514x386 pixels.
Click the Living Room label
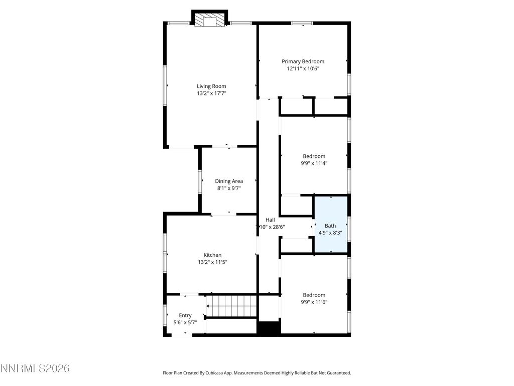pyautogui.click(x=211, y=86)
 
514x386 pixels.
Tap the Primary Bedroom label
pyautogui.click(x=303, y=61)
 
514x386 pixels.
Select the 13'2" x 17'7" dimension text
pyautogui.click(x=211, y=93)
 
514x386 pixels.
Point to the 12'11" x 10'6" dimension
pyautogui.click(x=303, y=68)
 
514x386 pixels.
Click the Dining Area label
pyautogui.click(x=229, y=181)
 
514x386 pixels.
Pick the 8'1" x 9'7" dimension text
pyautogui.click(x=229, y=188)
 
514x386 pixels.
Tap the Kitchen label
pyautogui.click(x=212, y=255)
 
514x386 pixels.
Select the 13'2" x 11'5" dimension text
pyautogui.click(x=212, y=262)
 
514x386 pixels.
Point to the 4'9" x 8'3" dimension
pyautogui.click(x=330, y=233)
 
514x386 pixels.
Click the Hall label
pyautogui.click(x=270, y=220)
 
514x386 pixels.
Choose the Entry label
pyautogui.click(x=185, y=315)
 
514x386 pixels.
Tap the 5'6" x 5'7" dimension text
pyautogui.click(x=185, y=322)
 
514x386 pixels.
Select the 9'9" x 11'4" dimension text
pyautogui.click(x=314, y=163)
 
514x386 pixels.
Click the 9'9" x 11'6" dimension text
pyautogui.click(x=314, y=302)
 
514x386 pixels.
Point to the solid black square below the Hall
pyautogui.click(x=269, y=328)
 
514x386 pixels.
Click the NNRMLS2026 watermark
pyautogui.click(x=35, y=368)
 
